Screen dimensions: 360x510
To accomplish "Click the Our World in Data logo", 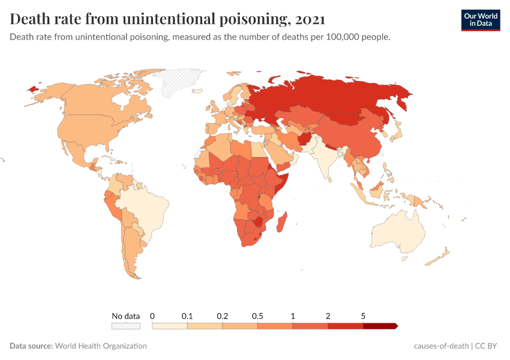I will pos(481,20).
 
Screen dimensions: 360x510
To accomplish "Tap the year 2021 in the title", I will pos(310,19).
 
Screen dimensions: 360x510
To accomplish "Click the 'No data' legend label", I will pos(125,316).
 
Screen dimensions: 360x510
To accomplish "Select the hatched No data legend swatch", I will pos(125,326).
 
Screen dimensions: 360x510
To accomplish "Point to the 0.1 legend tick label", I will pos(187,316).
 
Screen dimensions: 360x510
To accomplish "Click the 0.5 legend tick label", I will pos(257,316).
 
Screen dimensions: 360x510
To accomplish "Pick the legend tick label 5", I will pos(363,316).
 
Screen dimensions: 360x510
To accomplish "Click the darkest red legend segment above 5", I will pos(380,326).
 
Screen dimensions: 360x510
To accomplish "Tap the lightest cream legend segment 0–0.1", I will pos(170,326).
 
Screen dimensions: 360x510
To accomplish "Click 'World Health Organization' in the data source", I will pos(101,346).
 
